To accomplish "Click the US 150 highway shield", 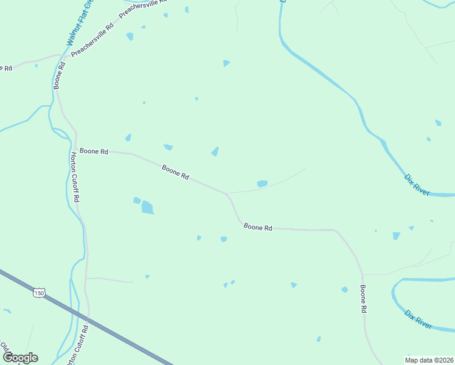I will tap(40, 293).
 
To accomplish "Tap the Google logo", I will tap(20, 357).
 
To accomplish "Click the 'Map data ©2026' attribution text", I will tap(429, 360).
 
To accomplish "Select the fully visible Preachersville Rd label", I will tap(92, 40).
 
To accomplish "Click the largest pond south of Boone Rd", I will tap(148, 208).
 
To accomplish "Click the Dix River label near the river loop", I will tap(419, 319).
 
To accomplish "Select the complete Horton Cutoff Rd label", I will tap(75, 177).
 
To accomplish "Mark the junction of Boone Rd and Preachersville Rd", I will tap(62, 57).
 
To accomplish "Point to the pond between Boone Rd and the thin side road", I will tap(262, 183).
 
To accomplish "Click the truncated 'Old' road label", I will tap(5, 349).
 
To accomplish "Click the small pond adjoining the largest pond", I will tap(137, 200).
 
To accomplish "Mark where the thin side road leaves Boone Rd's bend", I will tap(227, 193).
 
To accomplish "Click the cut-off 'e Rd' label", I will tap(6, 68).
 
